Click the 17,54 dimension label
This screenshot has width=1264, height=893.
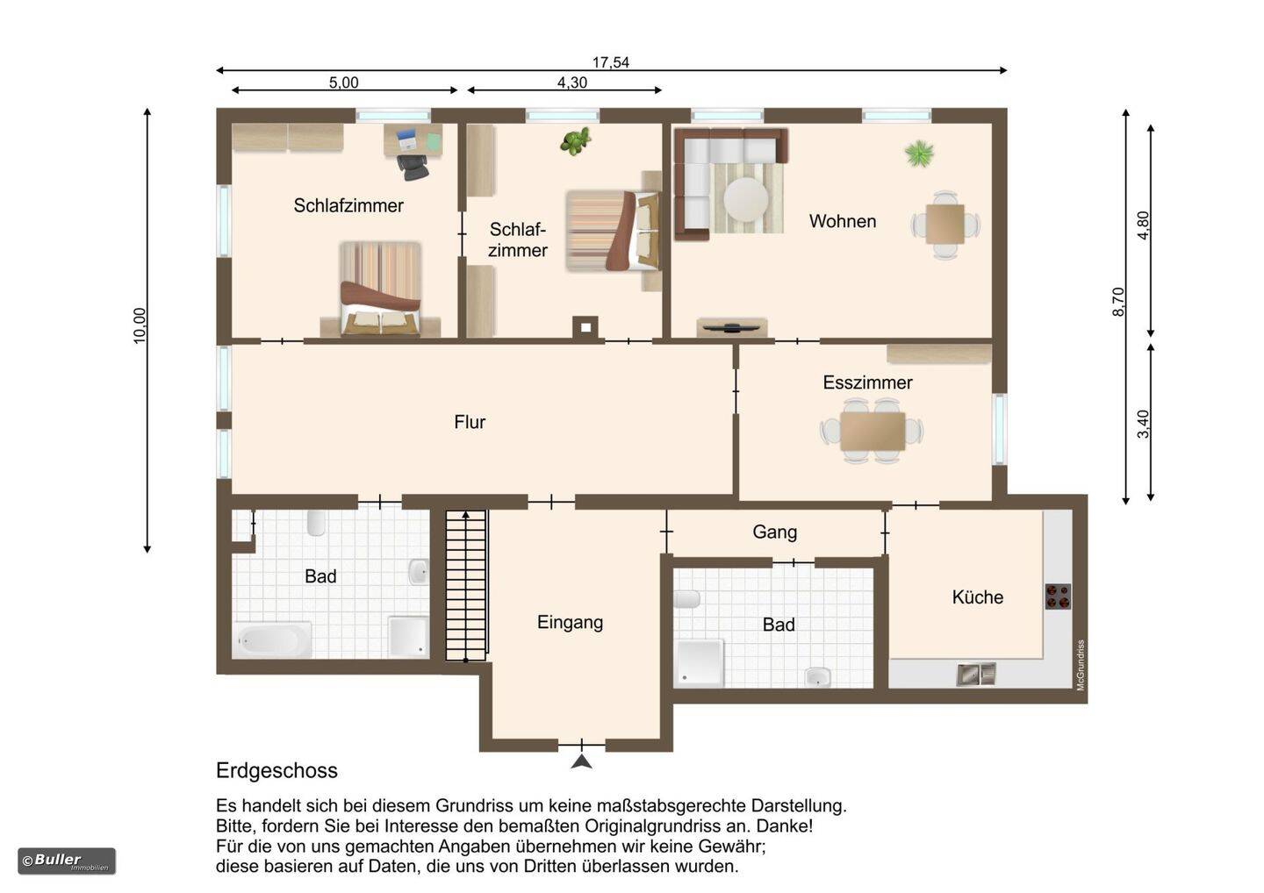click(611, 62)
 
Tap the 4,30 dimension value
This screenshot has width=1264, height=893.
click(572, 82)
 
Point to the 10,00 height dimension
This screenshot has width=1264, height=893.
click(140, 325)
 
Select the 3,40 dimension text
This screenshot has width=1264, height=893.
click(1143, 424)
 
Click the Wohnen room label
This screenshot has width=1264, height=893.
click(843, 221)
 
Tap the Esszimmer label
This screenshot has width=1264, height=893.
click(867, 382)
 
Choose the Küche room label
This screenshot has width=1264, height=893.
click(977, 597)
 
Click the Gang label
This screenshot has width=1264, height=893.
click(775, 532)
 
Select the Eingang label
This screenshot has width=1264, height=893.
click(570, 623)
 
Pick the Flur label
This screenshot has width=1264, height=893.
click(470, 422)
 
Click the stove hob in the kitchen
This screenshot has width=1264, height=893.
click(1058, 597)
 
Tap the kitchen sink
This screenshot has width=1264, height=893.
click(976, 675)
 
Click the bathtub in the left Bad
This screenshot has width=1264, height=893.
click(272, 639)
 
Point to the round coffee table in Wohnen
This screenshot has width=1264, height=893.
click(746, 200)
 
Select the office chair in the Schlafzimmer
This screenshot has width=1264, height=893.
click(413, 167)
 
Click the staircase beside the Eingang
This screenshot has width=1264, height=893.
click(466, 585)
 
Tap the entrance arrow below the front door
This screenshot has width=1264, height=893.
click(581, 761)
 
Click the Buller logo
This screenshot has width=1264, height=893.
click(67, 861)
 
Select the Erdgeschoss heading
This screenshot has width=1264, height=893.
click(276, 770)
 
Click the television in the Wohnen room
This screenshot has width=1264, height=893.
click(732, 327)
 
